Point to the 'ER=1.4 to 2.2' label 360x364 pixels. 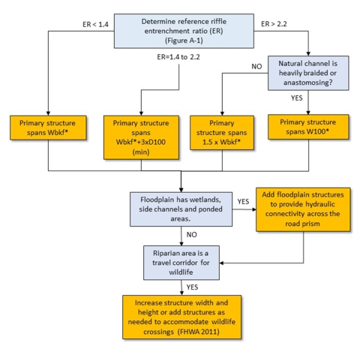pyautogui.click(x=178, y=58)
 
